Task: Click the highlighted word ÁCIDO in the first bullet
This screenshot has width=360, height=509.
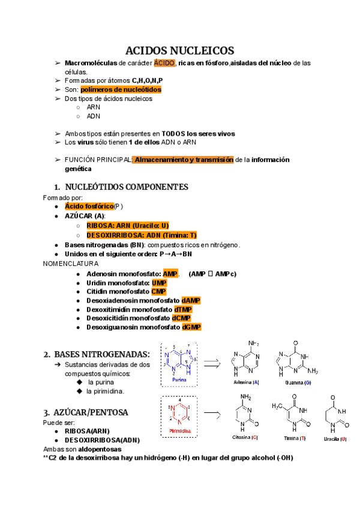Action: coord(164,63)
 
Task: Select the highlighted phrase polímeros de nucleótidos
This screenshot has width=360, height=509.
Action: coord(121,89)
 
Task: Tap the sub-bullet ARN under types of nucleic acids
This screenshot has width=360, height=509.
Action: coord(94,107)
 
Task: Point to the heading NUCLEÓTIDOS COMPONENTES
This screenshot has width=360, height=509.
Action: coord(126,187)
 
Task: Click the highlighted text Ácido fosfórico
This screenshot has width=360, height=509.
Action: coord(89,206)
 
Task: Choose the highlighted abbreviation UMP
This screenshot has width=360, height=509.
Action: coord(159,283)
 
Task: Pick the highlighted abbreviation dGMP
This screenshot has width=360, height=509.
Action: coord(191,327)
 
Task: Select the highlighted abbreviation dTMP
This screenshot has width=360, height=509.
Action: coord(191,309)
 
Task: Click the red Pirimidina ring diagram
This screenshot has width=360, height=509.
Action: coord(180,415)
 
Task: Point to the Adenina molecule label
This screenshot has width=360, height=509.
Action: coord(246,382)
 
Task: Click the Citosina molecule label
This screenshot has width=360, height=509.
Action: coord(245,438)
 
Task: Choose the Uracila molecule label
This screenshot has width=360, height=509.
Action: coord(335,439)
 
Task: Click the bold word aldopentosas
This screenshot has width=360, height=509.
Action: coord(96,449)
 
